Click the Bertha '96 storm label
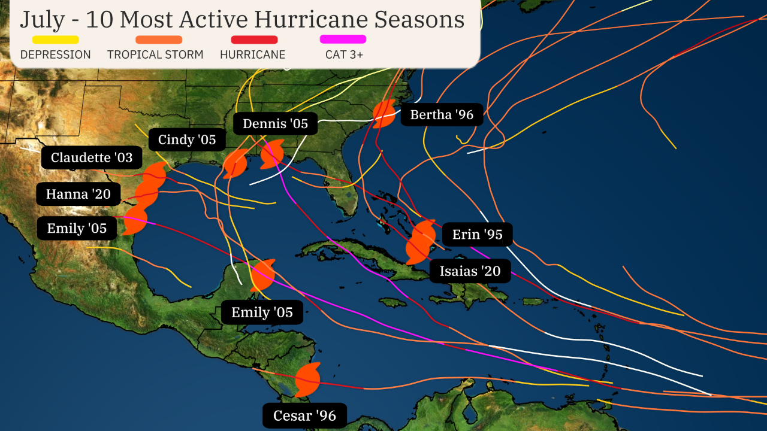point(442,114)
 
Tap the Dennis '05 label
point(275,124)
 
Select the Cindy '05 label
point(186,140)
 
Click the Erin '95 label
point(477,234)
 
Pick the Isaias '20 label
point(470,271)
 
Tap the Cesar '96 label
point(304,415)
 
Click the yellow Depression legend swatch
point(55,40)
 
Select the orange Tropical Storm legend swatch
point(159,40)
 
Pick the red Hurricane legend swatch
point(254,40)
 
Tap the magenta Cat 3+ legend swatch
point(343,40)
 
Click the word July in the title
point(42,19)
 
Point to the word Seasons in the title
point(419,19)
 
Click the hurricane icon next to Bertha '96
point(383,114)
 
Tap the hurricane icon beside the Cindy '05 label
point(235,163)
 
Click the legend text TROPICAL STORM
point(155,54)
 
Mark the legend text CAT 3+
point(344,54)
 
